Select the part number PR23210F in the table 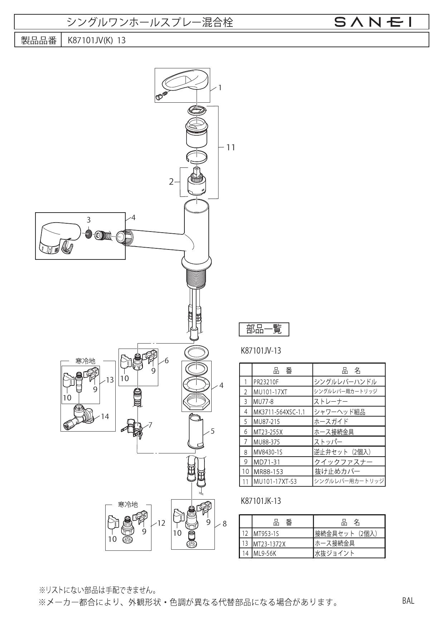tap(266, 382)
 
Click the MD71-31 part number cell tap(267, 462)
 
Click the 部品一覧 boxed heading tap(264, 329)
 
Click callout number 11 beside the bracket tap(231, 147)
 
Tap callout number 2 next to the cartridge tap(172, 182)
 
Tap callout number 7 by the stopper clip tap(150, 425)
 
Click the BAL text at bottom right tap(408, 601)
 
